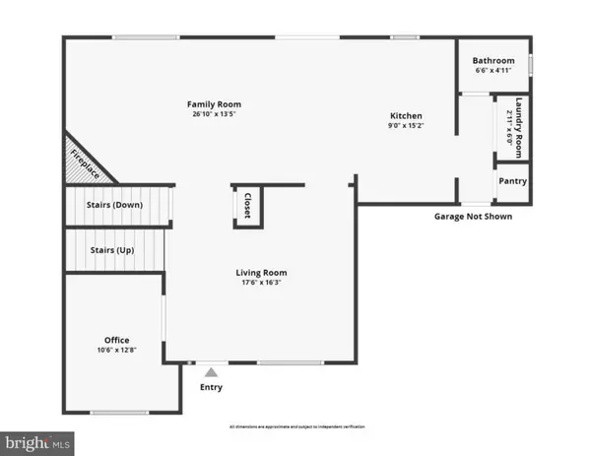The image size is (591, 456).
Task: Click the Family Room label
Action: (215, 104)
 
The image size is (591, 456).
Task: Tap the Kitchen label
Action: (405, 114)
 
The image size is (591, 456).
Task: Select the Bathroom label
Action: (493, 59)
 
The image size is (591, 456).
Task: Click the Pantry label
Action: (512, 181)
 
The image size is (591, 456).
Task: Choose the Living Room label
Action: (261, 273)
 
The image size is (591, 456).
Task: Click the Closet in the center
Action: (247, 205)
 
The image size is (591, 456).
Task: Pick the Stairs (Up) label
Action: (110, 250)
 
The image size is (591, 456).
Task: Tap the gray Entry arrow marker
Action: (210, 372)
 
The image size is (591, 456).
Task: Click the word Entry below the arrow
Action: (211, 387)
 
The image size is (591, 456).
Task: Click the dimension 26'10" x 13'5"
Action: (215, 115)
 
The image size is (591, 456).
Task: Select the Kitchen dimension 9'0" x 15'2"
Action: (405, 125)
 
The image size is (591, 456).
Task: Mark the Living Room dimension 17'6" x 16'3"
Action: (261, 284)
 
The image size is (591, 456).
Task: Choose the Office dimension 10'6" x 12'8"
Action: (117, 348)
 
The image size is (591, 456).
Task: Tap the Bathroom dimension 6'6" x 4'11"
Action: (493, 70)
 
